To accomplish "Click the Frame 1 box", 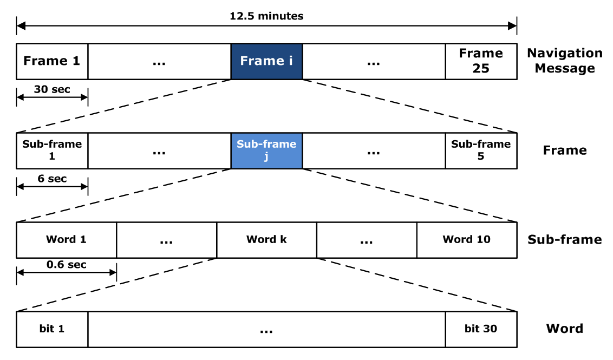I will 52,61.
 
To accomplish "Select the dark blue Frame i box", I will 266,61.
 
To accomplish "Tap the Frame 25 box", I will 481,61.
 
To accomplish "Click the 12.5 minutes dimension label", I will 266,16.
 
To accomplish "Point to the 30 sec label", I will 52,89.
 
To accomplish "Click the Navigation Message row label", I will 564,61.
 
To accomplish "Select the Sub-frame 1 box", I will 52,150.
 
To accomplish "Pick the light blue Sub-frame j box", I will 266,150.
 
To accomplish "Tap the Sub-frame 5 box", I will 481,150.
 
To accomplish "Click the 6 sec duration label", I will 52,179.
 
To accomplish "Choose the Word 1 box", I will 66,240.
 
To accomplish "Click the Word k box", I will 266,240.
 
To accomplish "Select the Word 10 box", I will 466,240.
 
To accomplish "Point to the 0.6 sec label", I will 66,265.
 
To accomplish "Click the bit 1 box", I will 52,329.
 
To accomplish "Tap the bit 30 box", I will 481,329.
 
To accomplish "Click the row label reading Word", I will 564,329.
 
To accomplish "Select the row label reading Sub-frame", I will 564,239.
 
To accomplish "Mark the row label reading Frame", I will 564,150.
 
